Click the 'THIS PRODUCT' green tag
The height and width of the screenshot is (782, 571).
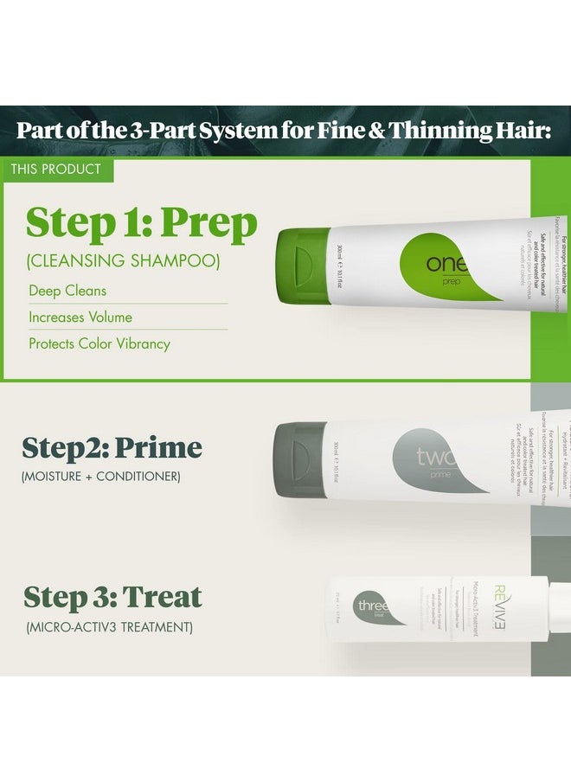click(56, 170)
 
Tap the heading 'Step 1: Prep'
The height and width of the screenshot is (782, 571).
click(142, 223)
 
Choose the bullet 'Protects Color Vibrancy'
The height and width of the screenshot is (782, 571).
click(99, 343)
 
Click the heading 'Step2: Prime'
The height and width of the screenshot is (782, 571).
click(112, 448)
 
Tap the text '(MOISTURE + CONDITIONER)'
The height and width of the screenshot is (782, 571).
click(100, 477)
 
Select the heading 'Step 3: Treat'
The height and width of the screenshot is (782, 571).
click(112, 597)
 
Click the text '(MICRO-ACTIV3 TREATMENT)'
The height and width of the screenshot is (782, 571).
click(108, 625)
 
